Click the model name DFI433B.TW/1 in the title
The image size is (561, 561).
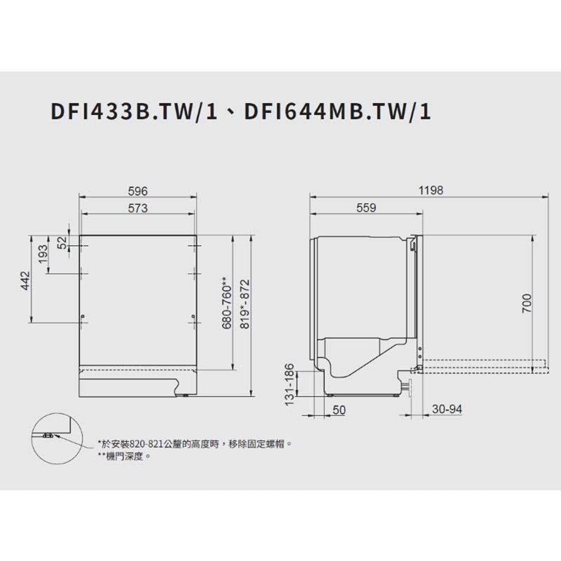tap(134, 111)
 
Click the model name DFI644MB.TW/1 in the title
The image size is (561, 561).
tap(338, 111)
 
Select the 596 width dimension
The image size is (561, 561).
tap(138, 191)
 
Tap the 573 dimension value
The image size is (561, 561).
tap(138, 208)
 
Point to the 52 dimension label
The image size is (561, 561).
tap(62, 242)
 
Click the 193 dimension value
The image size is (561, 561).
tap(43, 254)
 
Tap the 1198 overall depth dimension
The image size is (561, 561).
tap(431, 190)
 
